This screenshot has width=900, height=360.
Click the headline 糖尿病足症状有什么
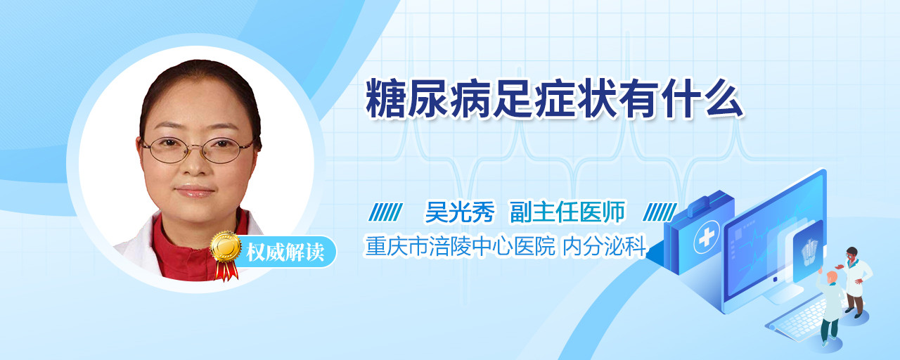tap(555, 99)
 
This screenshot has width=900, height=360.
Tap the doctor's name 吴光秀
tap(460, 212)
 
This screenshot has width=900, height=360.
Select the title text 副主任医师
tap(567, 212)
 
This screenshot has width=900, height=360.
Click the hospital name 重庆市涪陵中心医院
tap(460, 246)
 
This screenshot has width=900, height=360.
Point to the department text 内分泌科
tap(604, 246)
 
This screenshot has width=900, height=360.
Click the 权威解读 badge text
tap(285, 252)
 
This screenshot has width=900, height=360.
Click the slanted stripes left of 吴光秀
tap(386, 212)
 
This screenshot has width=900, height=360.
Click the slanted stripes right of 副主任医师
tap(660, 212)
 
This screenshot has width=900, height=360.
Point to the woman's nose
tap(196, 164)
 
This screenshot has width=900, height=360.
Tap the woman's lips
tap(195, 191)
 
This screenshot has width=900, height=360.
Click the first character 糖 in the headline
tap(385, 99)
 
